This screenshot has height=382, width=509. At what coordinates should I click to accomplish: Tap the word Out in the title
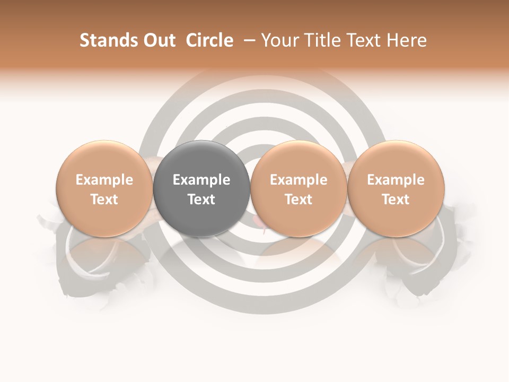point(158,40)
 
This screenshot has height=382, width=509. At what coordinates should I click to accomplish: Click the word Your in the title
point(279,40)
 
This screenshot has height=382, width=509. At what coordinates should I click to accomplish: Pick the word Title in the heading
point(319,40)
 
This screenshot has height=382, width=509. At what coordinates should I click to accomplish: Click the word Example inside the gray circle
point(201,180)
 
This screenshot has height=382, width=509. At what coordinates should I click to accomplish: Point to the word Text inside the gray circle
point(201,199)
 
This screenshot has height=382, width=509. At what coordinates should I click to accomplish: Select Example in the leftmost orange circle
point(104,180)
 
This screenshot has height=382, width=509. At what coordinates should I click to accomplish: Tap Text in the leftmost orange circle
point(104,199)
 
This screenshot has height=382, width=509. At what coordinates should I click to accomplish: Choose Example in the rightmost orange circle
point(396,180)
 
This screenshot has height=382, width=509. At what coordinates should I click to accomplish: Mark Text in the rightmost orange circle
point(396,199)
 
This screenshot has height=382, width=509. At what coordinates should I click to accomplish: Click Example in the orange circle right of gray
point(299,180)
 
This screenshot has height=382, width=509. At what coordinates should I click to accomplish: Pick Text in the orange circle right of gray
point(299,199)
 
